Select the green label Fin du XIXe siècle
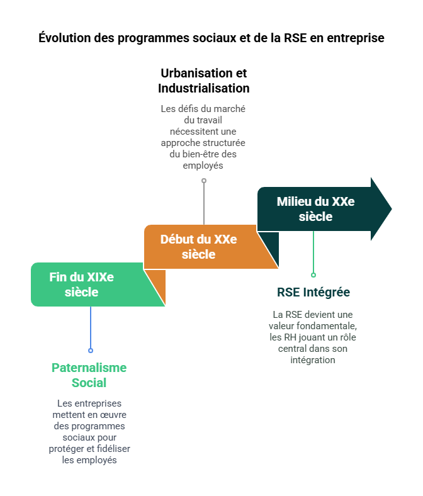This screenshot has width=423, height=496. pos(82,284)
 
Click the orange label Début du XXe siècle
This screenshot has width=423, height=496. pos(198,247)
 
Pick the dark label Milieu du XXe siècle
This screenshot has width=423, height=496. pos(315,209)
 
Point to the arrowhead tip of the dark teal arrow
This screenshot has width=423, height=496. pos(391,209)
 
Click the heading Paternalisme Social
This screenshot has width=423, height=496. pos(89,375)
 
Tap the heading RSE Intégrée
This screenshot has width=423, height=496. pos(313,293)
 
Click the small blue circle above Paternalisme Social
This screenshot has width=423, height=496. pos(91,351)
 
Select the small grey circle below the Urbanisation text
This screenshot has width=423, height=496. pos(204,181)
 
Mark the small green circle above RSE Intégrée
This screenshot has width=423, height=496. pos(313,275)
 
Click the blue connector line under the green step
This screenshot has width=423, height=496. pos(91,327)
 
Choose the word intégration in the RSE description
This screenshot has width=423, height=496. pos(313,360)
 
